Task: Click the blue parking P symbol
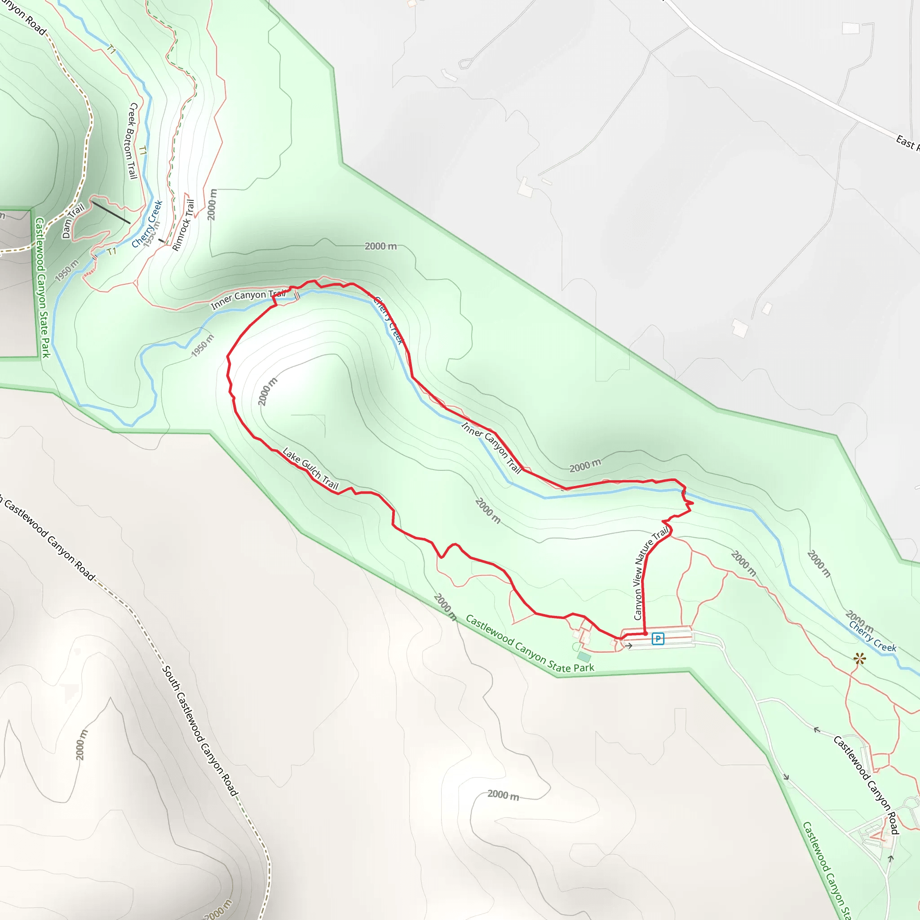click(658, 639)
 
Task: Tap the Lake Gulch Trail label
click(310, 469)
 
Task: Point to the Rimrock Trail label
click(183, 225)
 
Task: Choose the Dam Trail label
click(73, 221)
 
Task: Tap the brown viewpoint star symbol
click(859, 659)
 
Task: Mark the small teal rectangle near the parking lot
click(584, 657)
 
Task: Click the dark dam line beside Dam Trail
click(111, 212)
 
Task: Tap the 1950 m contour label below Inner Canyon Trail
click(203, 345)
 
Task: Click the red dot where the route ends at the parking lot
click(645, 634)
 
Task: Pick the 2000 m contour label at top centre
click(380, 246)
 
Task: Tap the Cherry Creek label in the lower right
click(872, 637)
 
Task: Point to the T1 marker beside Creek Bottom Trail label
click(142, 151)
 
